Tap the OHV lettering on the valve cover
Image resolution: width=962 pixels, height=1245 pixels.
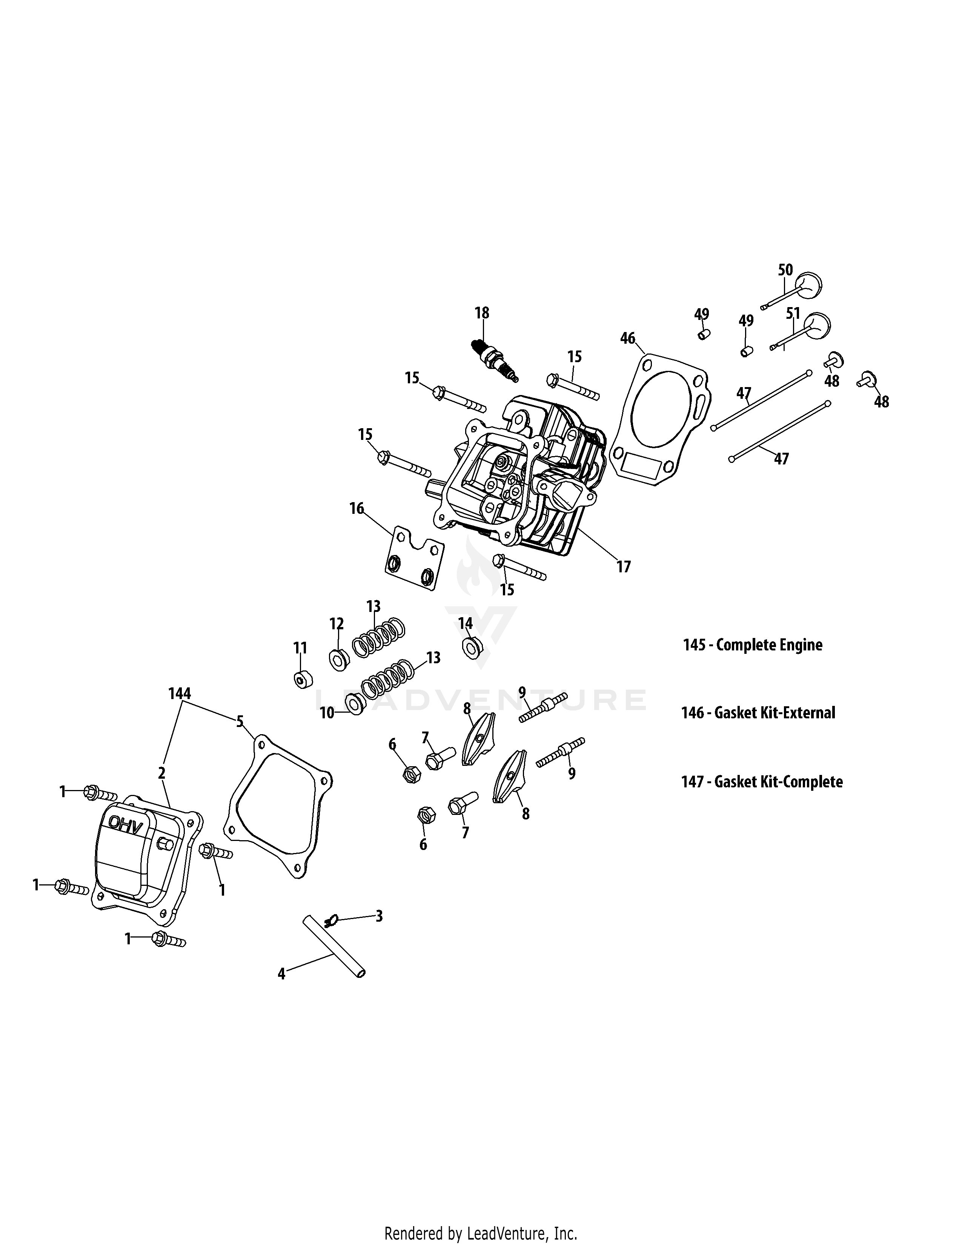[125, 824]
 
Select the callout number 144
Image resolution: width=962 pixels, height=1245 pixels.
[180, 694]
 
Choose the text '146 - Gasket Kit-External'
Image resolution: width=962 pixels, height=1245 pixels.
[758, 713]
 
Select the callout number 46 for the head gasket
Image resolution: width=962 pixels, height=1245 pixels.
[627, 339]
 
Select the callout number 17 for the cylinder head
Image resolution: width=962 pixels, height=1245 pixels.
[624, 567]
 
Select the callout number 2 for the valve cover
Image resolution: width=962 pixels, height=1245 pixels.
[162, 773]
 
